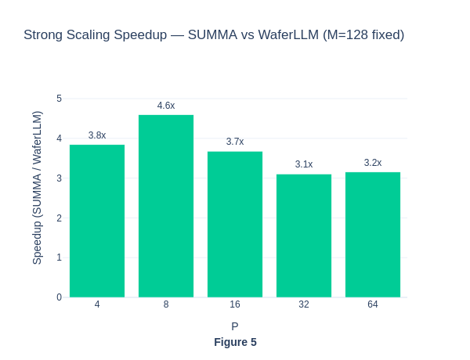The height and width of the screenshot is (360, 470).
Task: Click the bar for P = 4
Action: (x=97, y=221)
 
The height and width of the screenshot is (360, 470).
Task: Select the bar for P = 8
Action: (x=166, y=206)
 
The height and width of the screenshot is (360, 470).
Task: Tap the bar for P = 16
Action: (x=235, y=224)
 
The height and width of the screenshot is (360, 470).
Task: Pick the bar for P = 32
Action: (x=304, y=236)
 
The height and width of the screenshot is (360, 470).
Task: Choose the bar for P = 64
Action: (x=373, y=234)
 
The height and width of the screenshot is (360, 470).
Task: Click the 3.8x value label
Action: (x=97, y=135)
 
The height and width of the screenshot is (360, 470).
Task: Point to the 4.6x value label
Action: (x=166, y=106)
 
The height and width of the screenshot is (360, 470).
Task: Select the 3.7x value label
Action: (x=235, y=142)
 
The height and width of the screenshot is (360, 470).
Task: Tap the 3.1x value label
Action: (x=304, y=164)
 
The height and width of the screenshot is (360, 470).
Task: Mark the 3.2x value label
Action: (x=373, y=163)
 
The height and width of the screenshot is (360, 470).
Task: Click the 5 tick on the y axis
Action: (x=59, y=99)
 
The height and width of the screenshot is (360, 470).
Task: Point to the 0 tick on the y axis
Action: (x=59, y=297)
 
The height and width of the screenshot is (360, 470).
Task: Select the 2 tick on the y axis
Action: (x=59, y=218)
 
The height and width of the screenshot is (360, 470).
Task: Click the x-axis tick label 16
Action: (x=235, y=304)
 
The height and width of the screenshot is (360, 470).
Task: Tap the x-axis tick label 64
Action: (x=373, y=304)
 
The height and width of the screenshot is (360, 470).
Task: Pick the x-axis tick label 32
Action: (x=304, y=304)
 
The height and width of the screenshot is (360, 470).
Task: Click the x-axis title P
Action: (x=235, y=326)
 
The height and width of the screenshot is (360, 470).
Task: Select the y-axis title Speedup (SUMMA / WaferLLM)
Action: (x=37, y=188)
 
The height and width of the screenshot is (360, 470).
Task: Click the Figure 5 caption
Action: (x=235, y=342)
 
